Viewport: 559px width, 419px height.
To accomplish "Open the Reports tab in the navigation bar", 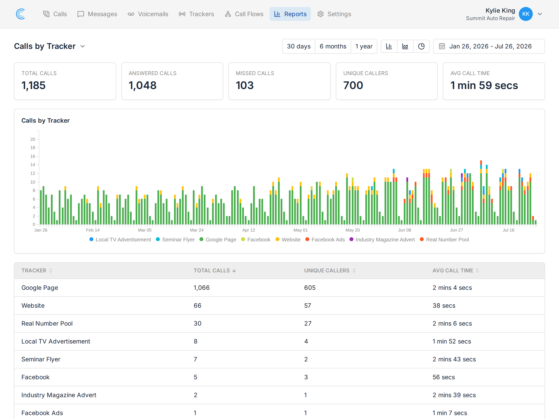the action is click(x=290, y=14).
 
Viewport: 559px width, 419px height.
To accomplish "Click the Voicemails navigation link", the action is click(x=148, y=14).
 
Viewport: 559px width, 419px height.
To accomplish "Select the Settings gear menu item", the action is click(x=334, y=14).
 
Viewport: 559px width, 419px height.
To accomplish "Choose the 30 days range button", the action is click(x=299, y=46).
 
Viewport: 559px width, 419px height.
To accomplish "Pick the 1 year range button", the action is click(x=364, y=46).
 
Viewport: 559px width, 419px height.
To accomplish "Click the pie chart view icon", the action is click(x=421, y=46).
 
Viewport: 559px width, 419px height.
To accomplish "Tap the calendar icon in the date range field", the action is click(x=442, y=46).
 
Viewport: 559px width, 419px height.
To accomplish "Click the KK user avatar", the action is click(x=526, y=14).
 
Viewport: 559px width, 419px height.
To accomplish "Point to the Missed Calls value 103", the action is click(x=245, y=85).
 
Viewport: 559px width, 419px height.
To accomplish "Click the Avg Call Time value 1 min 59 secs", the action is click(x=484, y=85).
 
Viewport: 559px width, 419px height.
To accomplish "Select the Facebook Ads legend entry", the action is click(x=325, y=239).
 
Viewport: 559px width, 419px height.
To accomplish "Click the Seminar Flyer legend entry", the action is click(x=175, y=239).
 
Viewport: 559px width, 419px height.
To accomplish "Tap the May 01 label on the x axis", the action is click(x=300, y=230).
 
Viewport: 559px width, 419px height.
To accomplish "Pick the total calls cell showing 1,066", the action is click(x=202, y=288).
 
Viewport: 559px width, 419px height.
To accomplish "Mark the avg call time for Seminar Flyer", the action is click(x=454, y=359).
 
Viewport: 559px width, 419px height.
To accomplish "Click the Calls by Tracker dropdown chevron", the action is click(x=82, y=46).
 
